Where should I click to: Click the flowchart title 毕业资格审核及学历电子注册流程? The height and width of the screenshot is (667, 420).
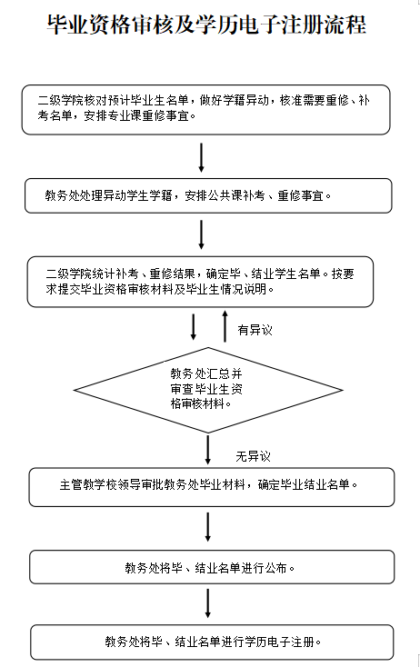point(206,25)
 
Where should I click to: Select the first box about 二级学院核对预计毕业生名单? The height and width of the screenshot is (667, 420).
point(206,110)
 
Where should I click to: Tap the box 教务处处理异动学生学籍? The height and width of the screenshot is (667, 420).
point(208,195)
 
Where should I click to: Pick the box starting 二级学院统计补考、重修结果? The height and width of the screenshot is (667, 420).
point(200,282)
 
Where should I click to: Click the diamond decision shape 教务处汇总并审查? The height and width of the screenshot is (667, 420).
point(208,390)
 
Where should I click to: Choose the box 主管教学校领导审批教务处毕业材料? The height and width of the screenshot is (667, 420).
point(212,487)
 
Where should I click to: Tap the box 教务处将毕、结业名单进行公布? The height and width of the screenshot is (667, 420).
point(212,567)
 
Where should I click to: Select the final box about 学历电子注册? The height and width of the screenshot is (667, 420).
point(212,642)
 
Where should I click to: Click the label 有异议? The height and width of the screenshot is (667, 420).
point(255,330)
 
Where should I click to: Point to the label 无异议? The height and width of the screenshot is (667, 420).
point(254,456)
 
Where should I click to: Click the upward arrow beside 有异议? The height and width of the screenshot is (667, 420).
point(225,326)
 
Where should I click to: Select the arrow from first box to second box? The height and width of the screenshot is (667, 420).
point(201,157)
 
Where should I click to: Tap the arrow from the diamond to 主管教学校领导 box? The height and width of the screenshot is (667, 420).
point(207,449)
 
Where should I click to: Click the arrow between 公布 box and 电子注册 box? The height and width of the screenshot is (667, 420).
point(207,603)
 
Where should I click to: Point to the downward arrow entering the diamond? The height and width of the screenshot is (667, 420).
point(194,327)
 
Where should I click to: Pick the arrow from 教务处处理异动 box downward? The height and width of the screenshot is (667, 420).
point(201,234)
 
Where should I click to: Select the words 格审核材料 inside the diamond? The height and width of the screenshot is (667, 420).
point(197,403)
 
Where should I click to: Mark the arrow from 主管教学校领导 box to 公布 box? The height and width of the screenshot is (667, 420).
point(207,527)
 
